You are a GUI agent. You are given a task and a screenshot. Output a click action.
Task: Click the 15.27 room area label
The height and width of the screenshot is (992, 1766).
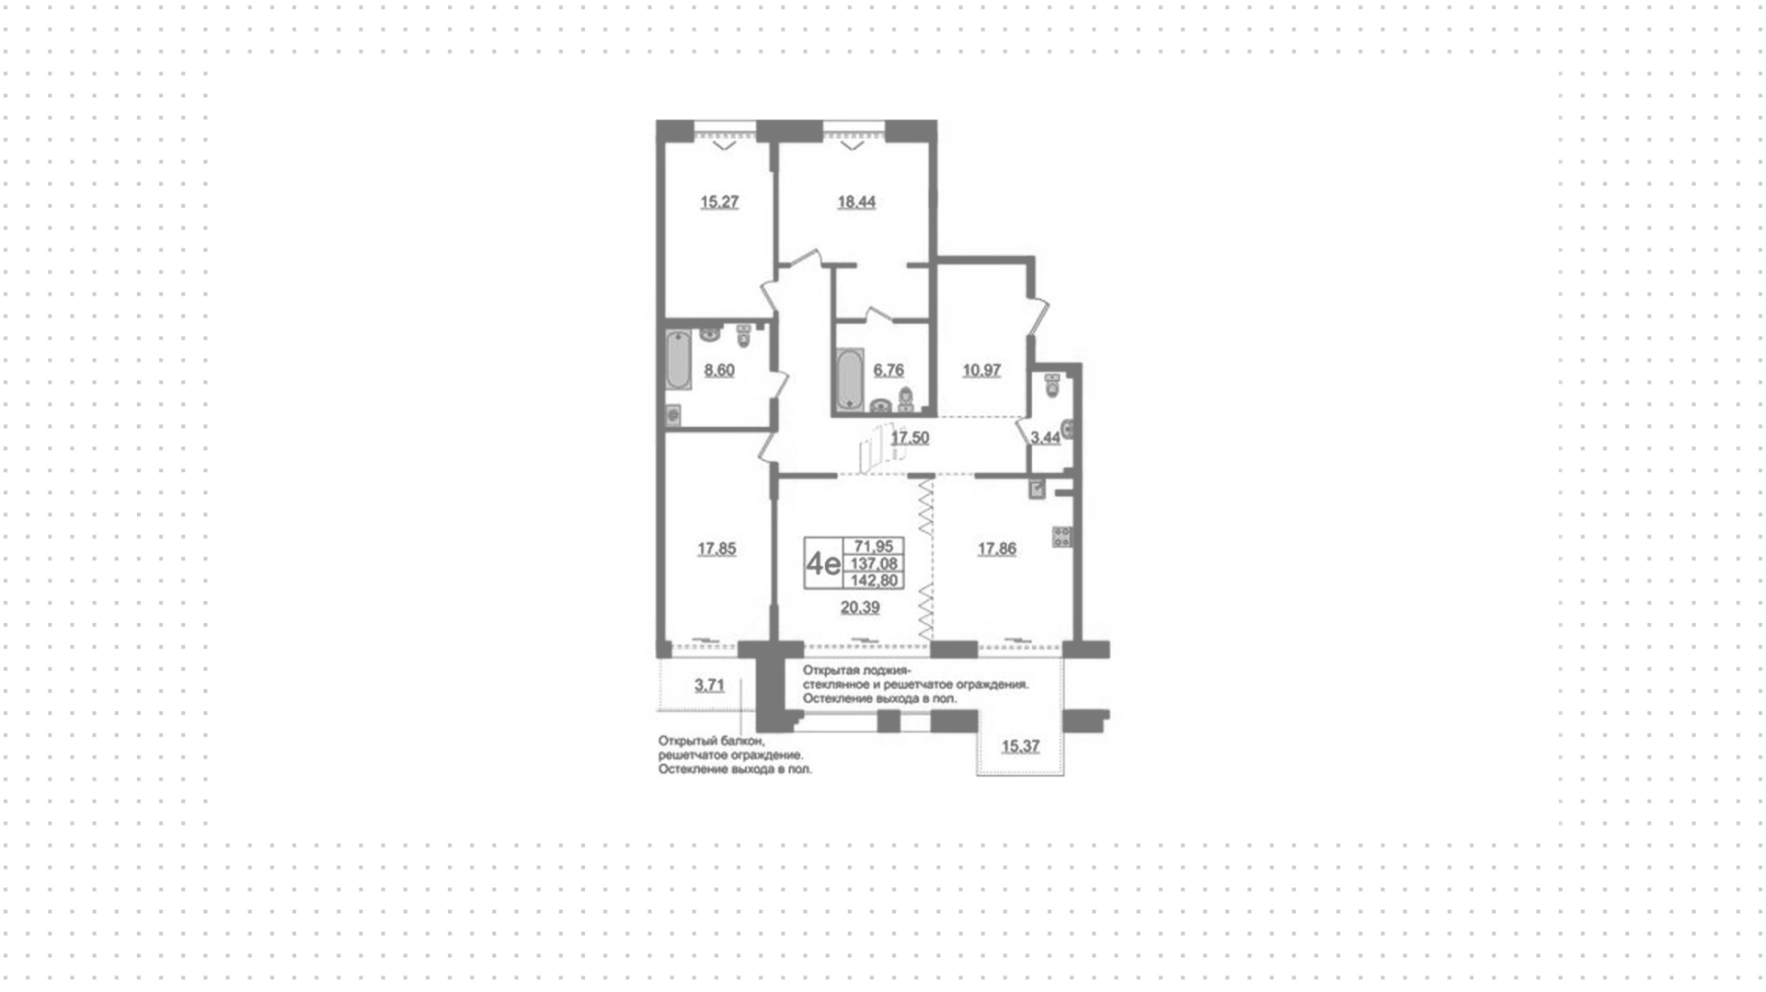pos(719,202)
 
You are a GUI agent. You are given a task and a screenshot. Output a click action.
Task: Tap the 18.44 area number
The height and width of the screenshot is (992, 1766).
pos(856,202)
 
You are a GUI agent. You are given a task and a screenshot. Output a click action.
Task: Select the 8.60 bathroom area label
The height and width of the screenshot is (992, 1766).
pos(719,371)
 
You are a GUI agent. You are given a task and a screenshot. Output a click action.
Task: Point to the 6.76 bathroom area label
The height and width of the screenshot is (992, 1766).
pos(889,371)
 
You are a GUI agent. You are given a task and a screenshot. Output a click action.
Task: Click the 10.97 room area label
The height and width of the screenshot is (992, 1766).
pos(981,371)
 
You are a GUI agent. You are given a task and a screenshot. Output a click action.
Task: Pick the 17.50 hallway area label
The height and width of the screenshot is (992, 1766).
pos(910,438)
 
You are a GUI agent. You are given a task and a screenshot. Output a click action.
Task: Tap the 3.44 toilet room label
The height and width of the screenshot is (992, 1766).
pos(1045,438)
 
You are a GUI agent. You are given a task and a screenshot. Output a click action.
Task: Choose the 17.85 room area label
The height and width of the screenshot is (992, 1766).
pos(717,549)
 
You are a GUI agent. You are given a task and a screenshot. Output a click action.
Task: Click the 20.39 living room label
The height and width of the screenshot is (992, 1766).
pos(860,607)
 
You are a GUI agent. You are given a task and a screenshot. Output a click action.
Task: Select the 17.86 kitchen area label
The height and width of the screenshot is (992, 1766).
pos(997,549)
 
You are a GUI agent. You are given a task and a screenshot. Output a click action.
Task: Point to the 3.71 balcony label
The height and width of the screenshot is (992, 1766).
pos(709,686)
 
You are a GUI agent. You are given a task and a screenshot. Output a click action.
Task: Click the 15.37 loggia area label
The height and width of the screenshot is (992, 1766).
pos(1020,746)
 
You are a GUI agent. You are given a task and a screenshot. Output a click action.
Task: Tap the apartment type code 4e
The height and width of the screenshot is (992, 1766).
pos(822,563)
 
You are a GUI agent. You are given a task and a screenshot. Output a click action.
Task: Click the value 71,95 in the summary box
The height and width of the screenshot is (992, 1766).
pos(874,547)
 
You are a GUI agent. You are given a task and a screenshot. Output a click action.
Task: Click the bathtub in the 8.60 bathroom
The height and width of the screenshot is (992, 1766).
pos(678,361)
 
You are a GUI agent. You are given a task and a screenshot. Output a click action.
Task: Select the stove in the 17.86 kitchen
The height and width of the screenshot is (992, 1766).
pos(1062,536)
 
